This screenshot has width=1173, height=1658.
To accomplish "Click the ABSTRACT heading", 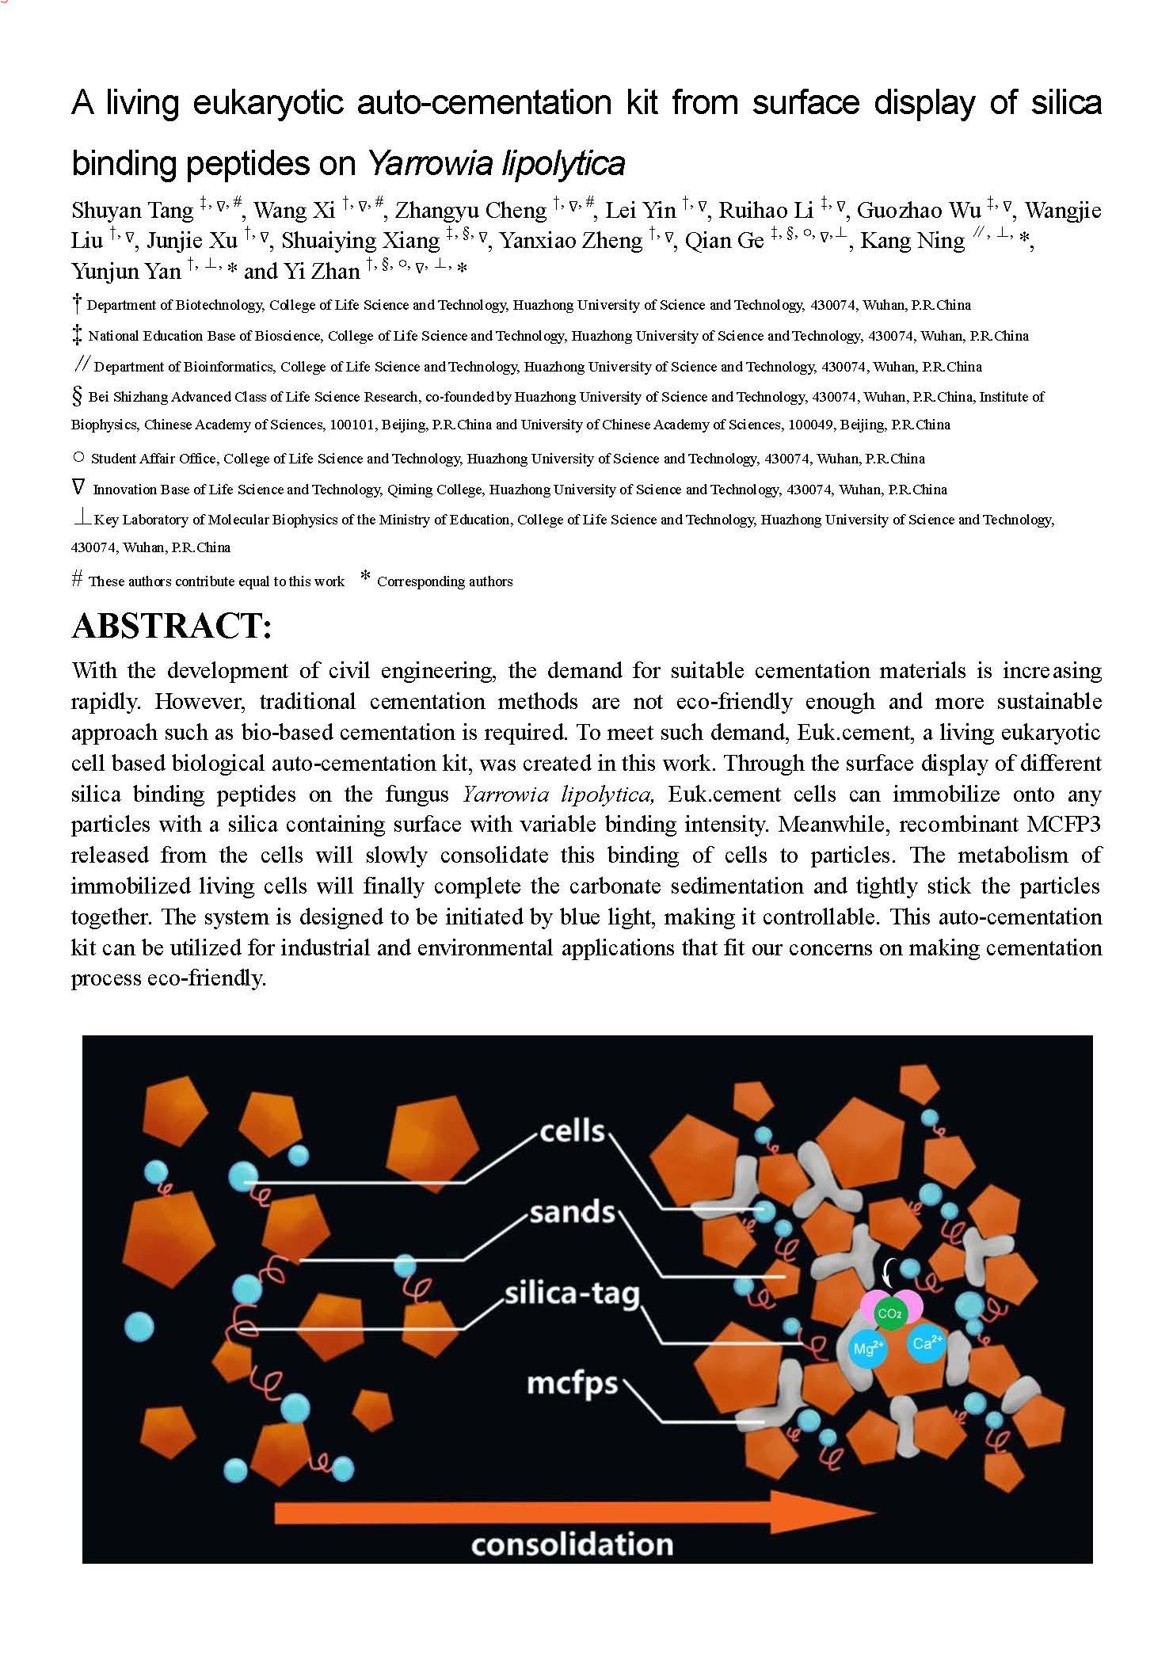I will click(172, 626).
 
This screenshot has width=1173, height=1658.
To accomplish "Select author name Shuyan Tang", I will click(132, 211).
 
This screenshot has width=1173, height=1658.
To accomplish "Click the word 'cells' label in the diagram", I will click(572, 1130).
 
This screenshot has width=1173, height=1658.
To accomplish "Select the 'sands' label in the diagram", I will click(572, 1212).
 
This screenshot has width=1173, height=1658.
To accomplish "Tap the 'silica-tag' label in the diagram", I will click(572, 1294).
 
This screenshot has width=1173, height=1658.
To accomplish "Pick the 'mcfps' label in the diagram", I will click(572, 1383).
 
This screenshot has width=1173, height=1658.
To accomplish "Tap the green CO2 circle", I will click(889, 1314).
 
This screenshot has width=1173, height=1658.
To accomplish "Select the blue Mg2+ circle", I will click(867, 1347).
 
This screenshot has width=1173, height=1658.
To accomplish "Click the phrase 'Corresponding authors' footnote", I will click(444, 581).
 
